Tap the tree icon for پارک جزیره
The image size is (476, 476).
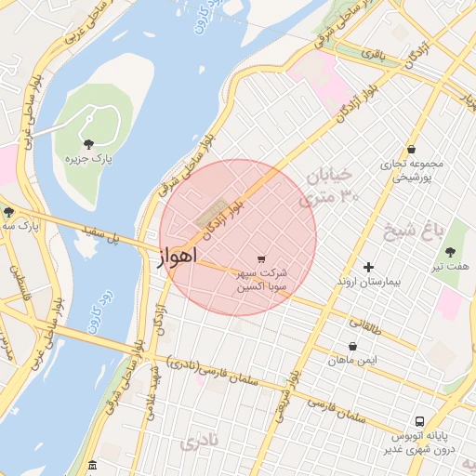tap(88, 143)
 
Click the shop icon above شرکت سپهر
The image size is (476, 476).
tap(260, 258)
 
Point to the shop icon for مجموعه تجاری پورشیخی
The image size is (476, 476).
tap(411, 149)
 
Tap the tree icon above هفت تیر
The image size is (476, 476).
tap(451, 252)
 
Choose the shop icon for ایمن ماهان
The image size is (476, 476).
tap(352, 347)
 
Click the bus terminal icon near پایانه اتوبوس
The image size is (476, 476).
tap(420, 420)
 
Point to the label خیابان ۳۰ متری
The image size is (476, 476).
tap(328, 186)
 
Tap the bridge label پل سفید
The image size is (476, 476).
tap(101, 237)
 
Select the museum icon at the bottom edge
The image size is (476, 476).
tap(91, 465)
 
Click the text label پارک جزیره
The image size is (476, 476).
tap(87, 159)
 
